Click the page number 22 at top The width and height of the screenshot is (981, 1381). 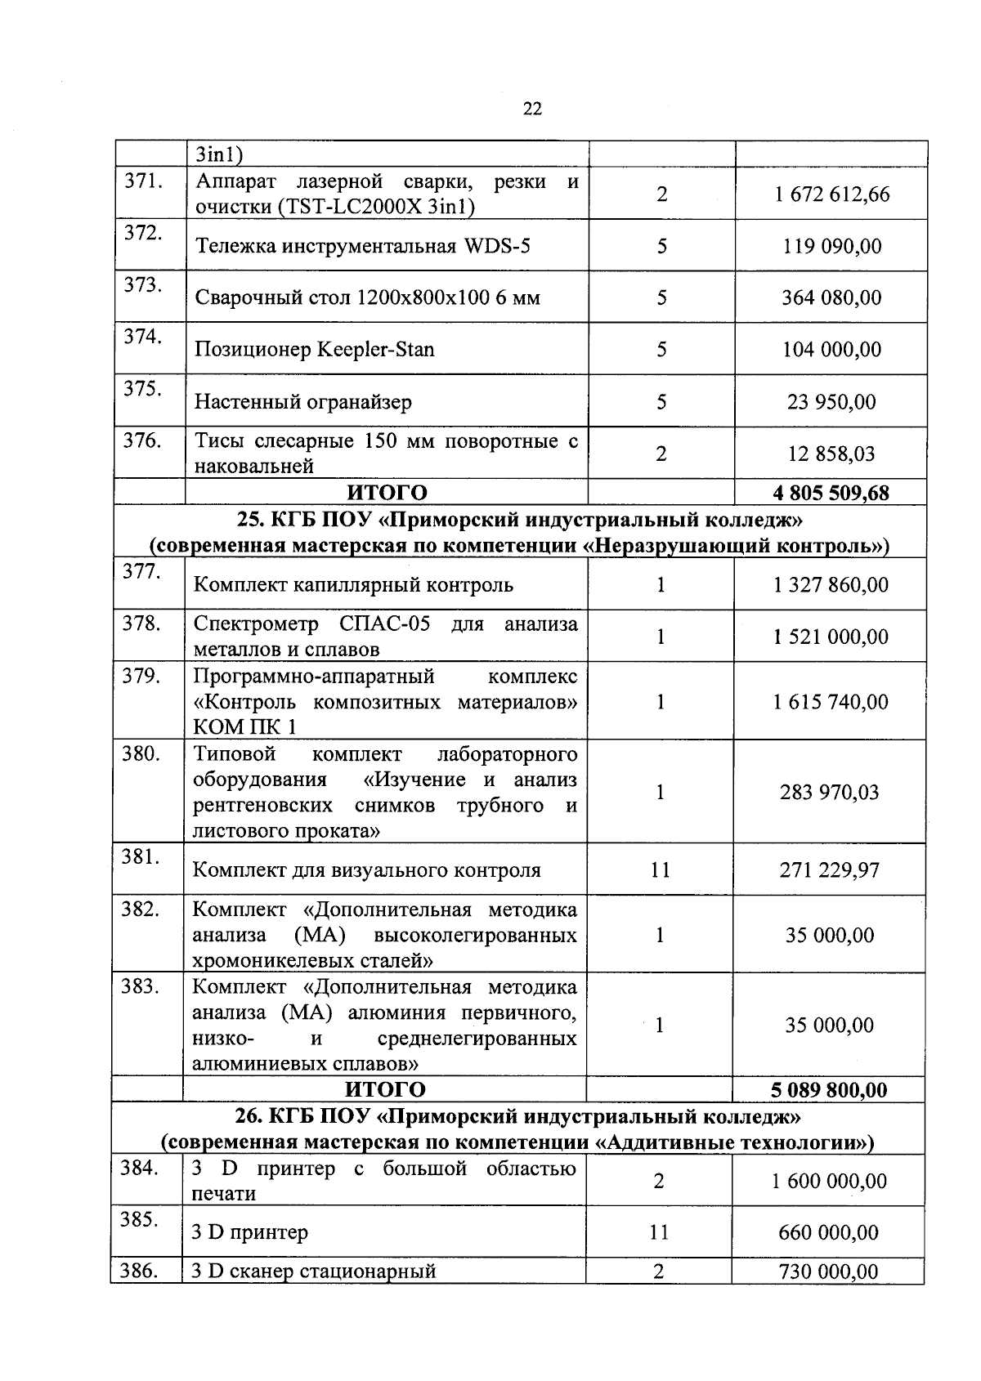click(531, 109)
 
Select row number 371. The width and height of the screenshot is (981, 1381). click(141, 181)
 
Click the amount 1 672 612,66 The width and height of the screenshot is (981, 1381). click(831, 194)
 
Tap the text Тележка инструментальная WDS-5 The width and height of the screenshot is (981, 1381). click(362, 246)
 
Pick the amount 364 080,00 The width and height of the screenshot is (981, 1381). click(831, 297)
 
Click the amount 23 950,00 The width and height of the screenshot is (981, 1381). click(831, 402)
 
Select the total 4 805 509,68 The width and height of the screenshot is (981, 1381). click(831, 493)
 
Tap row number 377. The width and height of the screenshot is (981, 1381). click(141, 572)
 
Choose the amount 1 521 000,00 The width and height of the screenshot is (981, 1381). click(831, 637)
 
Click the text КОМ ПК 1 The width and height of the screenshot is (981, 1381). click(244, 726)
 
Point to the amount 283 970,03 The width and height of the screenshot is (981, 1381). click(829, 792)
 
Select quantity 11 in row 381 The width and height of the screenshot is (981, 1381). click(660, 870)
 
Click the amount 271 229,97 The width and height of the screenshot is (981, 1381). click(829, 870)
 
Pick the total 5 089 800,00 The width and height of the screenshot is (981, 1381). click(828, 1090)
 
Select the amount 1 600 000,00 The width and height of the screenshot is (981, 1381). click(829, 1181)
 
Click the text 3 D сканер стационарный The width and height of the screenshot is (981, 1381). click(314, 1272)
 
